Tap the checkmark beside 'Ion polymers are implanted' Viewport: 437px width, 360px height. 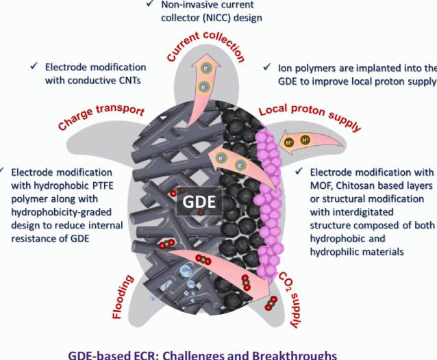tap(266, 68)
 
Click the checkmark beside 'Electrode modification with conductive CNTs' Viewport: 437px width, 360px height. tap(34, 67)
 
